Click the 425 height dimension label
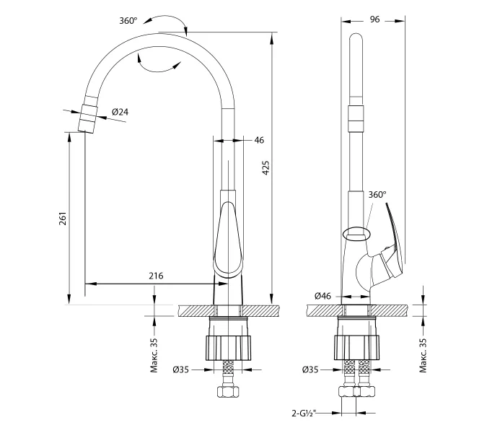coord(266,169)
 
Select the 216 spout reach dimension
coord(156,276)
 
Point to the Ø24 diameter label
coord(120,112)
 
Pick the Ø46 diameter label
coord(323,296)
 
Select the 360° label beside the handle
coord(377,195)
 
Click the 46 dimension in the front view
coord(258,140)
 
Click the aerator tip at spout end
coord(87,118)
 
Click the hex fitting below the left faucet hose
coord(230,394)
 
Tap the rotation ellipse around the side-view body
coord(358,232)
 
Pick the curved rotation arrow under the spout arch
coord(158,66)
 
